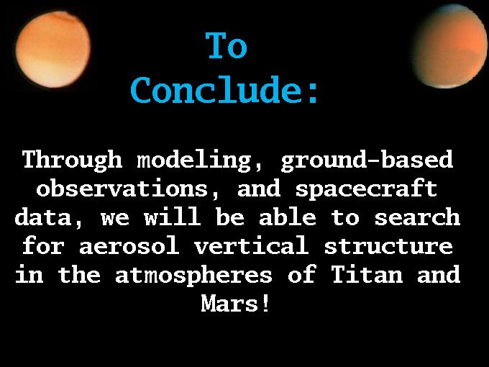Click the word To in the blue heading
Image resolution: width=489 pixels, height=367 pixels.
[227, 45]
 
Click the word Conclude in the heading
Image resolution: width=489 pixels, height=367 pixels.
[216, 89]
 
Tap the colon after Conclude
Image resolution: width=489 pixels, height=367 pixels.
[313, 93]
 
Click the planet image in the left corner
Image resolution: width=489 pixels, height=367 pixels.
[53, 50]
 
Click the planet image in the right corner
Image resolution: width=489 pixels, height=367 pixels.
[449, 46]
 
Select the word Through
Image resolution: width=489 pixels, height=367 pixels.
[72, 160]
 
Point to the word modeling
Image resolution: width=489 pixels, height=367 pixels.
[193, 160]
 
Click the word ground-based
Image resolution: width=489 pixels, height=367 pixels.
[367, 160]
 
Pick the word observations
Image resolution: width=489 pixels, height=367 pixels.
[122, 189]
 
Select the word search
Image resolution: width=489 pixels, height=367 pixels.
[417, 217]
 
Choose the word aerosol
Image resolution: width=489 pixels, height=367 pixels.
[129, 246]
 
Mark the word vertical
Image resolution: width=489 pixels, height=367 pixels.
[252, 245]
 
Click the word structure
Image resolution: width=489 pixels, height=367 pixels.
[388, 246]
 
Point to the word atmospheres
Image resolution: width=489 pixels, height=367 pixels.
[193, 276]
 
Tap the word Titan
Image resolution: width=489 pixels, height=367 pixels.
[367, 274]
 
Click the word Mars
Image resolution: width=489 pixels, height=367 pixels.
[229, 303]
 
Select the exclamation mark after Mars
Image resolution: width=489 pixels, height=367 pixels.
[265, 303]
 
